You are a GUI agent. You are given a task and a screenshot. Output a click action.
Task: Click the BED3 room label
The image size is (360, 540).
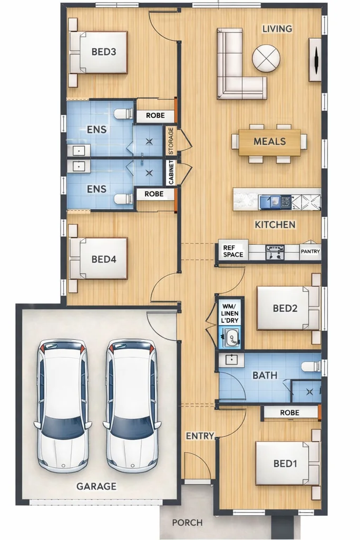104,52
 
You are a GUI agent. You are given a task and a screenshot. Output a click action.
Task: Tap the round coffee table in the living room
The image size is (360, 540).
266,59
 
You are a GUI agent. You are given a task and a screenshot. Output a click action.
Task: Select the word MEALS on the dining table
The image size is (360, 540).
269,141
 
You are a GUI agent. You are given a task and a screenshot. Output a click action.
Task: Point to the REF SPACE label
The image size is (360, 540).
233,252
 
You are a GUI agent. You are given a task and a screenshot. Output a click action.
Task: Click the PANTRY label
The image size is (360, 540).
310,252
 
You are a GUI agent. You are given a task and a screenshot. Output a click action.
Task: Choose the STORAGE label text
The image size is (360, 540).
171,141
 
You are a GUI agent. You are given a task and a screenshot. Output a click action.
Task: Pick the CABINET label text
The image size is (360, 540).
171,173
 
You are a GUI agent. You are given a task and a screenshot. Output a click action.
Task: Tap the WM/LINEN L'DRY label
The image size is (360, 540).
230,313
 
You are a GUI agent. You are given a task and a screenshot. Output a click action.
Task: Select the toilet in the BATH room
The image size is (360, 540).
311,366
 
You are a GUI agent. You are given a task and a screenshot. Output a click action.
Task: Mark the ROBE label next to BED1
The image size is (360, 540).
289,412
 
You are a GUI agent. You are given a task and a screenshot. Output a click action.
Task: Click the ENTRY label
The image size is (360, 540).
200,436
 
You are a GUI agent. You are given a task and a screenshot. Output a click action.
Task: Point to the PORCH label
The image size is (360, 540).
187,523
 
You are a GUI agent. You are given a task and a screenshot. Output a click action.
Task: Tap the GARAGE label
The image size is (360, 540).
96,486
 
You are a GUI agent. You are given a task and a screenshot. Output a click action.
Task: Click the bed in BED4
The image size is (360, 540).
99,258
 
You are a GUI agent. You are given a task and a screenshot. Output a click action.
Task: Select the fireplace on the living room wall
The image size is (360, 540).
315,60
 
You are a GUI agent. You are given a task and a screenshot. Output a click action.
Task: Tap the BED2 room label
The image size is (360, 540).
285,308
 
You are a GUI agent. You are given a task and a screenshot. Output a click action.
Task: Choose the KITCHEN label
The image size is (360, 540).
275,225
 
